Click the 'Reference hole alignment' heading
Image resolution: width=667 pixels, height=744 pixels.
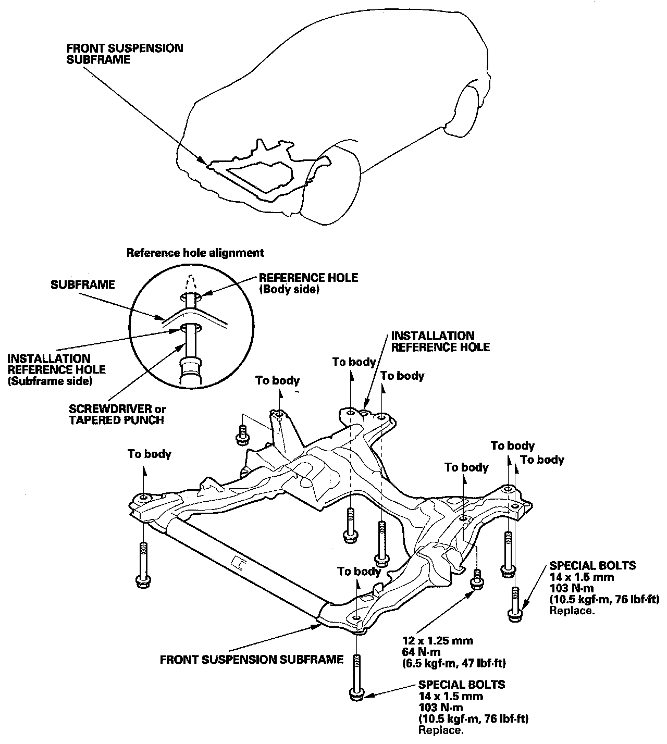195,253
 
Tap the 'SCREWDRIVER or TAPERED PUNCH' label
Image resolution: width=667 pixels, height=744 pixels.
117,414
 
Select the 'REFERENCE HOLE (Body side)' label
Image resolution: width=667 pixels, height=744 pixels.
308,283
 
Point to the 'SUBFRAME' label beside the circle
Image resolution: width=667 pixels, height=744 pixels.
83,284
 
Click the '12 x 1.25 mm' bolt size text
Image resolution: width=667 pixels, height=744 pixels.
438,641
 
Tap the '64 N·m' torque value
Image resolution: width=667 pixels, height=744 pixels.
421,652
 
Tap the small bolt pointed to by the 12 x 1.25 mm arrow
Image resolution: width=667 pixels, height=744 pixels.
477,579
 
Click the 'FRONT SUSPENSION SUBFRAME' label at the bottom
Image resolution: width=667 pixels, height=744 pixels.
252,660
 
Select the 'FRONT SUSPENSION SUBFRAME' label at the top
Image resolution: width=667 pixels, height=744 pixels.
125,54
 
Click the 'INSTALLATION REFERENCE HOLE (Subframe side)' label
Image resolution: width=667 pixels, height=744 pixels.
57,370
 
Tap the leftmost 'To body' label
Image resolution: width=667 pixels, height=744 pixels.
150,454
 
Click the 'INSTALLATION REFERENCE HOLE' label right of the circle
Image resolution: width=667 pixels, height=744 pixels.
440,341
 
